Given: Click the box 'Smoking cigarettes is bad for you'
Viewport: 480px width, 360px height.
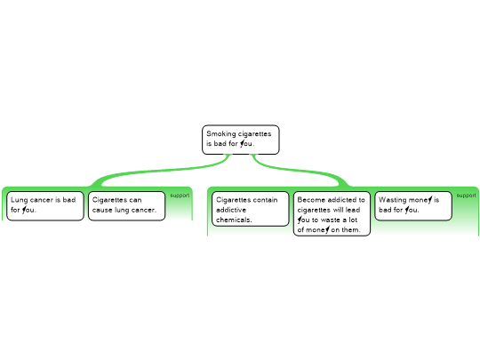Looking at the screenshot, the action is click(241, 140).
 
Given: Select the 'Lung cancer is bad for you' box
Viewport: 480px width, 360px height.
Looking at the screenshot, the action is click(45, 205).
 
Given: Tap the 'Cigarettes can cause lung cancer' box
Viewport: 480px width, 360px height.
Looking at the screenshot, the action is click(126, 205).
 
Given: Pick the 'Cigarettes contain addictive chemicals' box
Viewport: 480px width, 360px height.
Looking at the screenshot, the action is click(251, 209).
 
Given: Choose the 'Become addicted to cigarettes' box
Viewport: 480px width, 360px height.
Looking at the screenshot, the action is click(332, 213).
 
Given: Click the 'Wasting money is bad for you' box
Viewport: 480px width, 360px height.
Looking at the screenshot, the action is click(413, 205).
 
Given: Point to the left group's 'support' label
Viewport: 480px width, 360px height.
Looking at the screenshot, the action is click(180, 196).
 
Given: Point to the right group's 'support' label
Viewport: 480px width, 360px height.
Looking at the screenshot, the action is click(466, 196).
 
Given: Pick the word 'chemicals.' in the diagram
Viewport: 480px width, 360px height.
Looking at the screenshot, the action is click(234, 220).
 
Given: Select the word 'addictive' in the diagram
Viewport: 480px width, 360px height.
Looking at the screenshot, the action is click(231, 210).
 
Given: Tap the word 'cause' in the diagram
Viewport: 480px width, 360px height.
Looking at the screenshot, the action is click(102, 210).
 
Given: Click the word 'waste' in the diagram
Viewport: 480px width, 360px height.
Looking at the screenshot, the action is click(331, 220).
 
